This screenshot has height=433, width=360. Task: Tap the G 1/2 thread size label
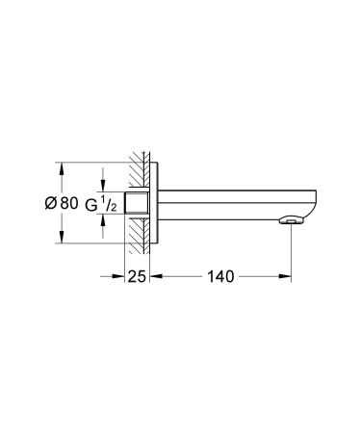(101, 204)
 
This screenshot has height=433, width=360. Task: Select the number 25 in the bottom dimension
(136, 277)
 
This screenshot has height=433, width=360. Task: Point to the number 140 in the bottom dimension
(220, 277)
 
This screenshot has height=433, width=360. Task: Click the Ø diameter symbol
(52, 204)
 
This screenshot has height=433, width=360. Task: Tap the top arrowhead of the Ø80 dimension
(64, 166)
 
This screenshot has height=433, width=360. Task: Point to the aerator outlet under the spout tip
(292, 222)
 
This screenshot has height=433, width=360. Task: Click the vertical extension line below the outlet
(292, 255)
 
